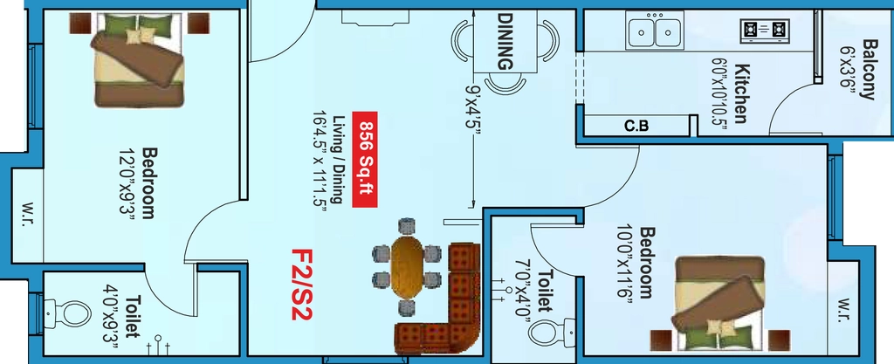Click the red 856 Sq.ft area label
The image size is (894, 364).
[365, 160]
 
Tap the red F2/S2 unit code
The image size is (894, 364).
[301, 285]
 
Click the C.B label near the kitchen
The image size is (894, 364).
[636, 126]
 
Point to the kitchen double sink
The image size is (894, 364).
[655, 31]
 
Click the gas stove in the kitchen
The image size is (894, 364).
[765, 30]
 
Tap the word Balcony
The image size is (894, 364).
[869, 69]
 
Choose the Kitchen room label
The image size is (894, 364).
[740, 93]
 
